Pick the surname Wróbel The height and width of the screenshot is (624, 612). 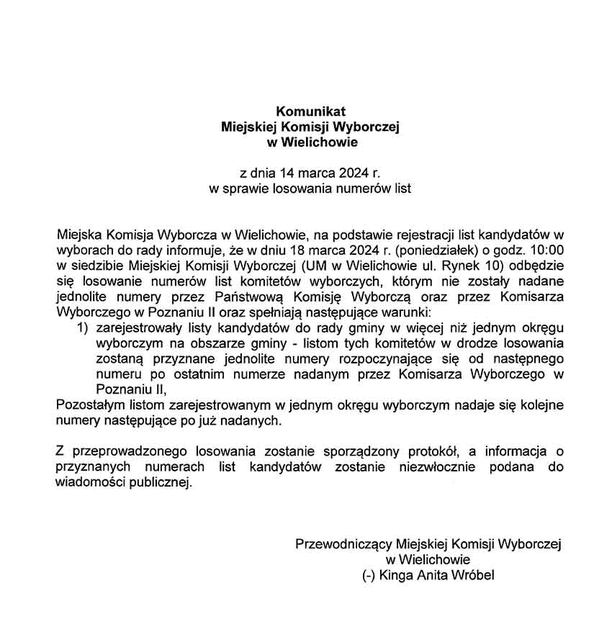[475, 575]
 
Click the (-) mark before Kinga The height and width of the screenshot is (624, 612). [369, 575]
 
